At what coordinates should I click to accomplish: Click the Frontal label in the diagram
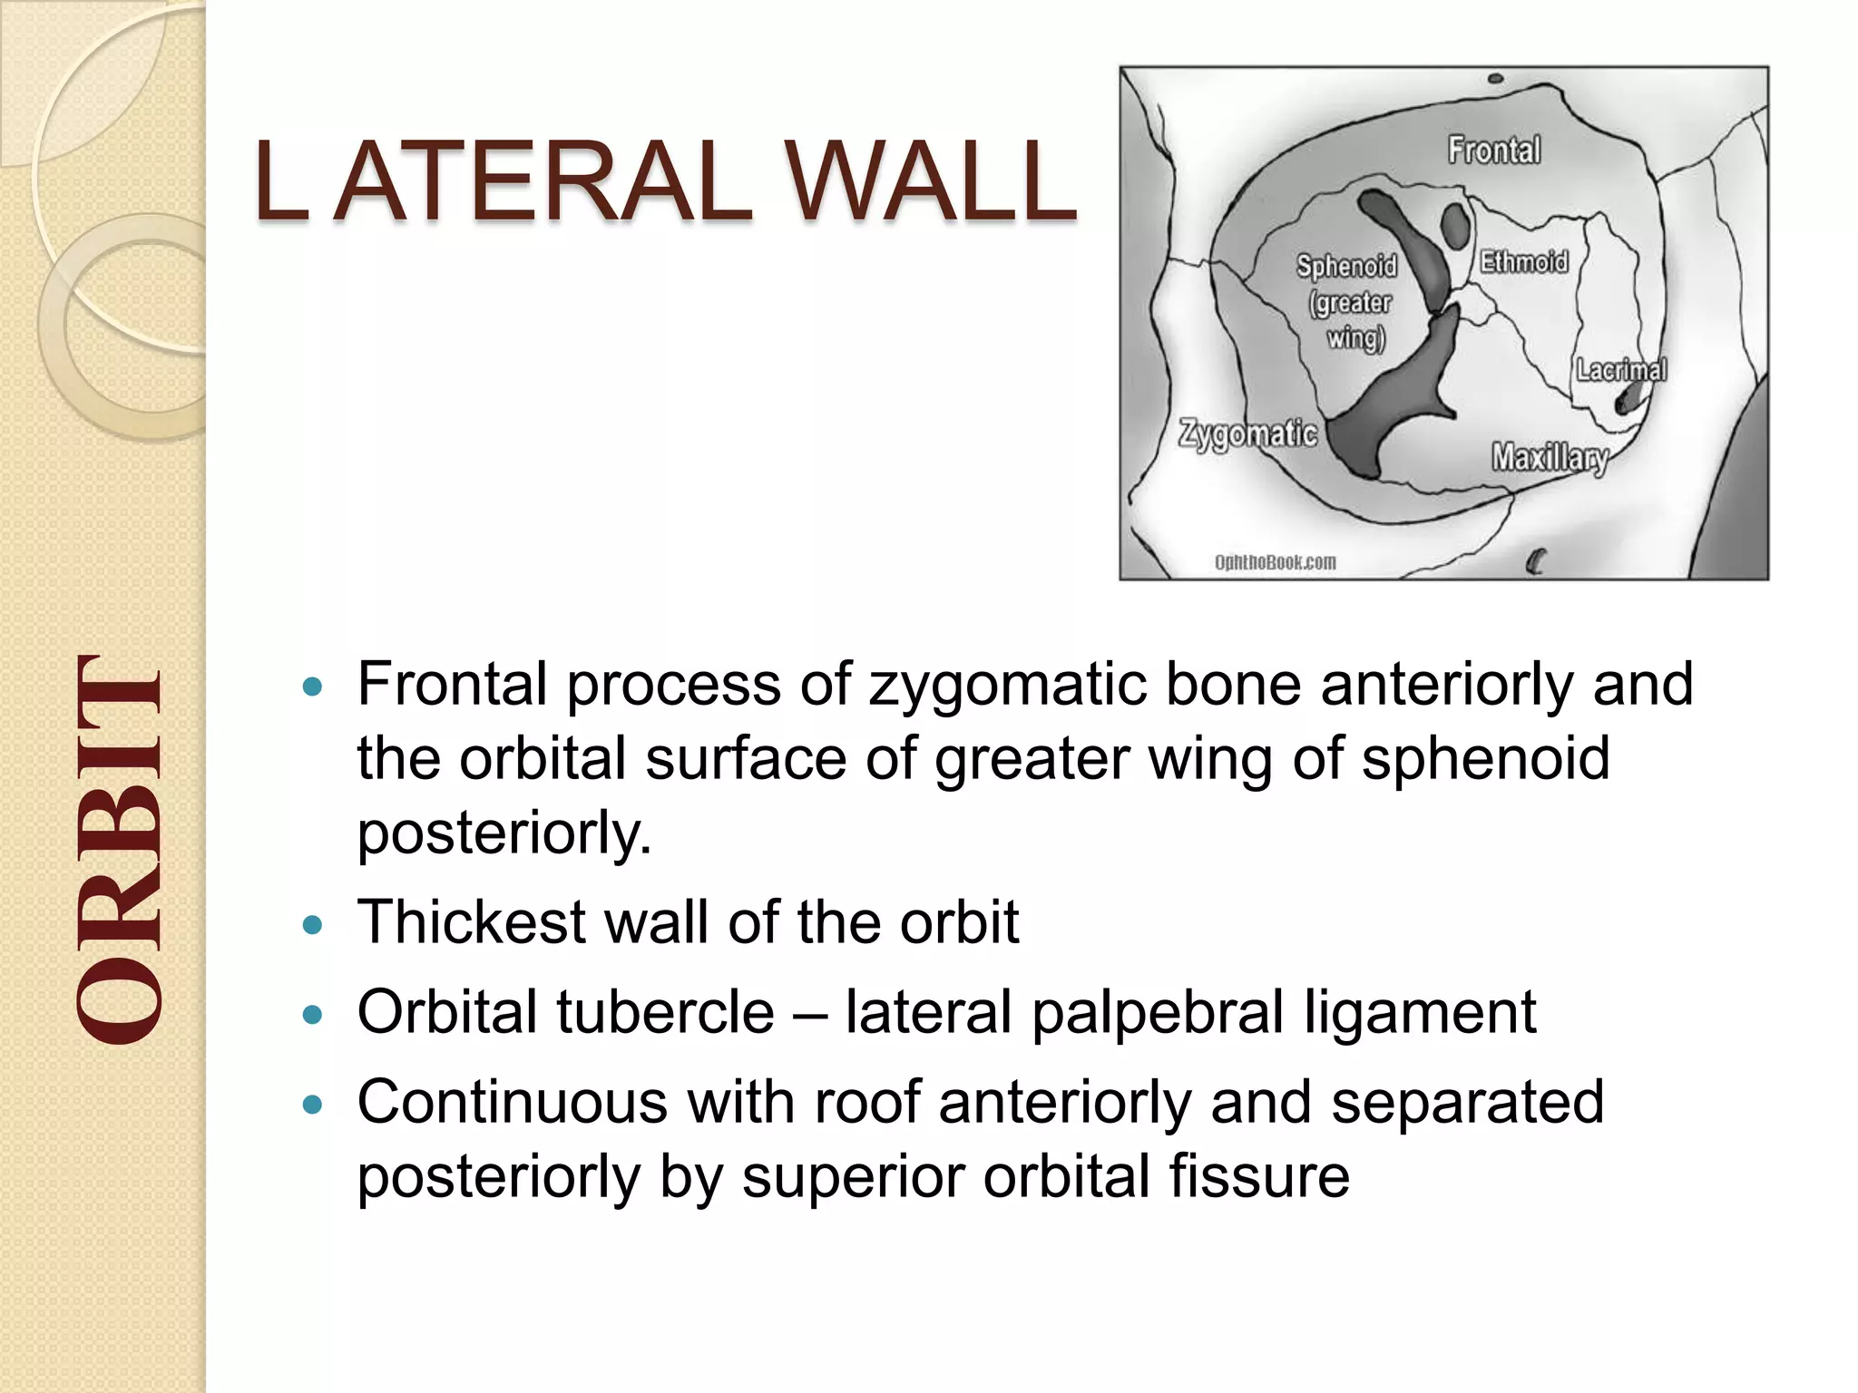click(1493, 150)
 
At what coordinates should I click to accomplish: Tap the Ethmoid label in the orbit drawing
click(1524, 262)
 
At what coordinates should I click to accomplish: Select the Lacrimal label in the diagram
click(1621, 370)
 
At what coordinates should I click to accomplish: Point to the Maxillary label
click(1550, 457)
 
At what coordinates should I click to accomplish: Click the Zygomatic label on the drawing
click(1248, 433)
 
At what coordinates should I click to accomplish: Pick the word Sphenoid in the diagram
click(1346, 266)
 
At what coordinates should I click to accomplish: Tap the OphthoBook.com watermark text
click(1275, 562)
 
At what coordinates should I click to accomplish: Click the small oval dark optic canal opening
click(1455, 226)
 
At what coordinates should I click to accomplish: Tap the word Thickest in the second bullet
click(471, 922)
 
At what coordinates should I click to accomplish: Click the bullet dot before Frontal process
click(312, 687)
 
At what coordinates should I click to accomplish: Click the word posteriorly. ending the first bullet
click(504, 833)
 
